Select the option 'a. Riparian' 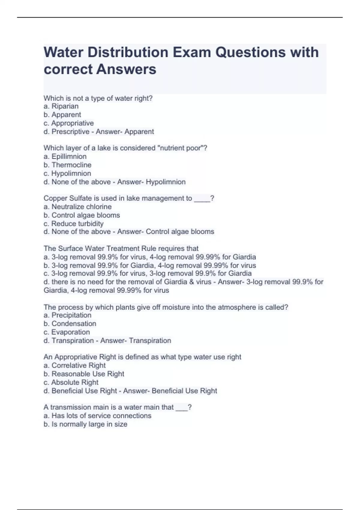61,106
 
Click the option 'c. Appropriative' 69,123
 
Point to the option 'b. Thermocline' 67,165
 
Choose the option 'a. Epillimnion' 65,157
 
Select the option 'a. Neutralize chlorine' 77,207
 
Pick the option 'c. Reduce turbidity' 73,224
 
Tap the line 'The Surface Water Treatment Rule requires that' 121,248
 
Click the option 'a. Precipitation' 67,315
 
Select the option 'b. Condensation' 70,324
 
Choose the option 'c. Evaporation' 67,332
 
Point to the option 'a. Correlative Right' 75,365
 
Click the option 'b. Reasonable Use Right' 84,374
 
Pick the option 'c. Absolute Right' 71,382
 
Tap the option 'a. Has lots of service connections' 97,416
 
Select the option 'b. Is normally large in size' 85,424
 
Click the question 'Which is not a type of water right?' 98,98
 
